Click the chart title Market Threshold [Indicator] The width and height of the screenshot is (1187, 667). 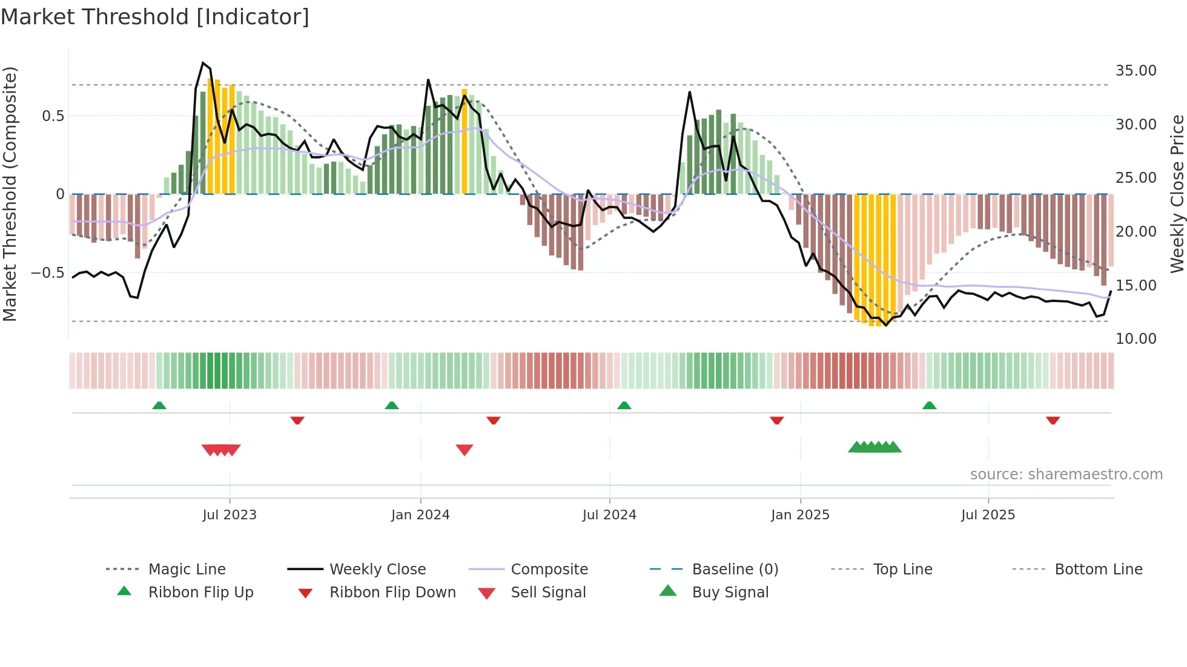tap(155, 17)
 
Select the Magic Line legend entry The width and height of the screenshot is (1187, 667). tap(187, 569)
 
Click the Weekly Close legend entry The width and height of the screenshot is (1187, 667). tap(377, 569)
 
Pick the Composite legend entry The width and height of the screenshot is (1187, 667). tap(549, 569)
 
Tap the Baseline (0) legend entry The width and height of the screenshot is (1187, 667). tap(735, 569)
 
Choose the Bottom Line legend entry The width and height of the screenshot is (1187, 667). tap(1098, 569)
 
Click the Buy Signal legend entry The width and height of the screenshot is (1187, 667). tap(730, 592)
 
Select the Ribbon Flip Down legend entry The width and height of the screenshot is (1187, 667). tap(392, 592)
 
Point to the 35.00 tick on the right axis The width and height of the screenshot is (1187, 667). tap(1136, 71)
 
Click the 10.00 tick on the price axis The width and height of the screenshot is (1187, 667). tap(1136, 339)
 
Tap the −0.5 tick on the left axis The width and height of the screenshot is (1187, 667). tap(48, 273)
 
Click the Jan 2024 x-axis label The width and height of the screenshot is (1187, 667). tap(420, 515)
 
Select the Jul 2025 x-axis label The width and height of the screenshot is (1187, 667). tap(988, 515)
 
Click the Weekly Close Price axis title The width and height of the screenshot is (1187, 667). tap(1177, 194)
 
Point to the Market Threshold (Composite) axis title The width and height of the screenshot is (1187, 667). tap(10, 194)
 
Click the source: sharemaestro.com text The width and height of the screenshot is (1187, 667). tap(1066, 475)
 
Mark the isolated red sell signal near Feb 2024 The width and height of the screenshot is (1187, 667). tap(465, 449)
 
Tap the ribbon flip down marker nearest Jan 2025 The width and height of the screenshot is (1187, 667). tap(777, 420)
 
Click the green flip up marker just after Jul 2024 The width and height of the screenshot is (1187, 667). tap(624, 405)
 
